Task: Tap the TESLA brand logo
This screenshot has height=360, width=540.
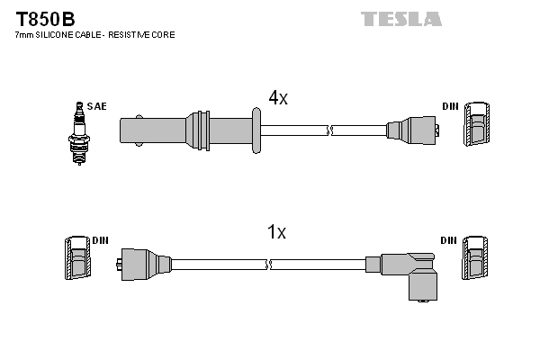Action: pos(400,19)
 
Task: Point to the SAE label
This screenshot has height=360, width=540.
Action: pos(97,106)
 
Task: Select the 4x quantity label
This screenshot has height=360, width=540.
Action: pos(277,98)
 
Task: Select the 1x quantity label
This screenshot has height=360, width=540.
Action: pos(276,232)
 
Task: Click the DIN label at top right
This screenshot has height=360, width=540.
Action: pos(450,106)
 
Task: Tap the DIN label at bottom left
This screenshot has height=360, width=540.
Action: pos(100,241)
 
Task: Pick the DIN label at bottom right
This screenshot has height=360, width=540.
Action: pos(449,241)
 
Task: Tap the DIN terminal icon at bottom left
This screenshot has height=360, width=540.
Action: pos(77,259)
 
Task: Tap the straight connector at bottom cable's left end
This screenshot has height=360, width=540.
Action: pos(144,265)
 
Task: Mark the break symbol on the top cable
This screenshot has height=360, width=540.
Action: pos(331,130)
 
